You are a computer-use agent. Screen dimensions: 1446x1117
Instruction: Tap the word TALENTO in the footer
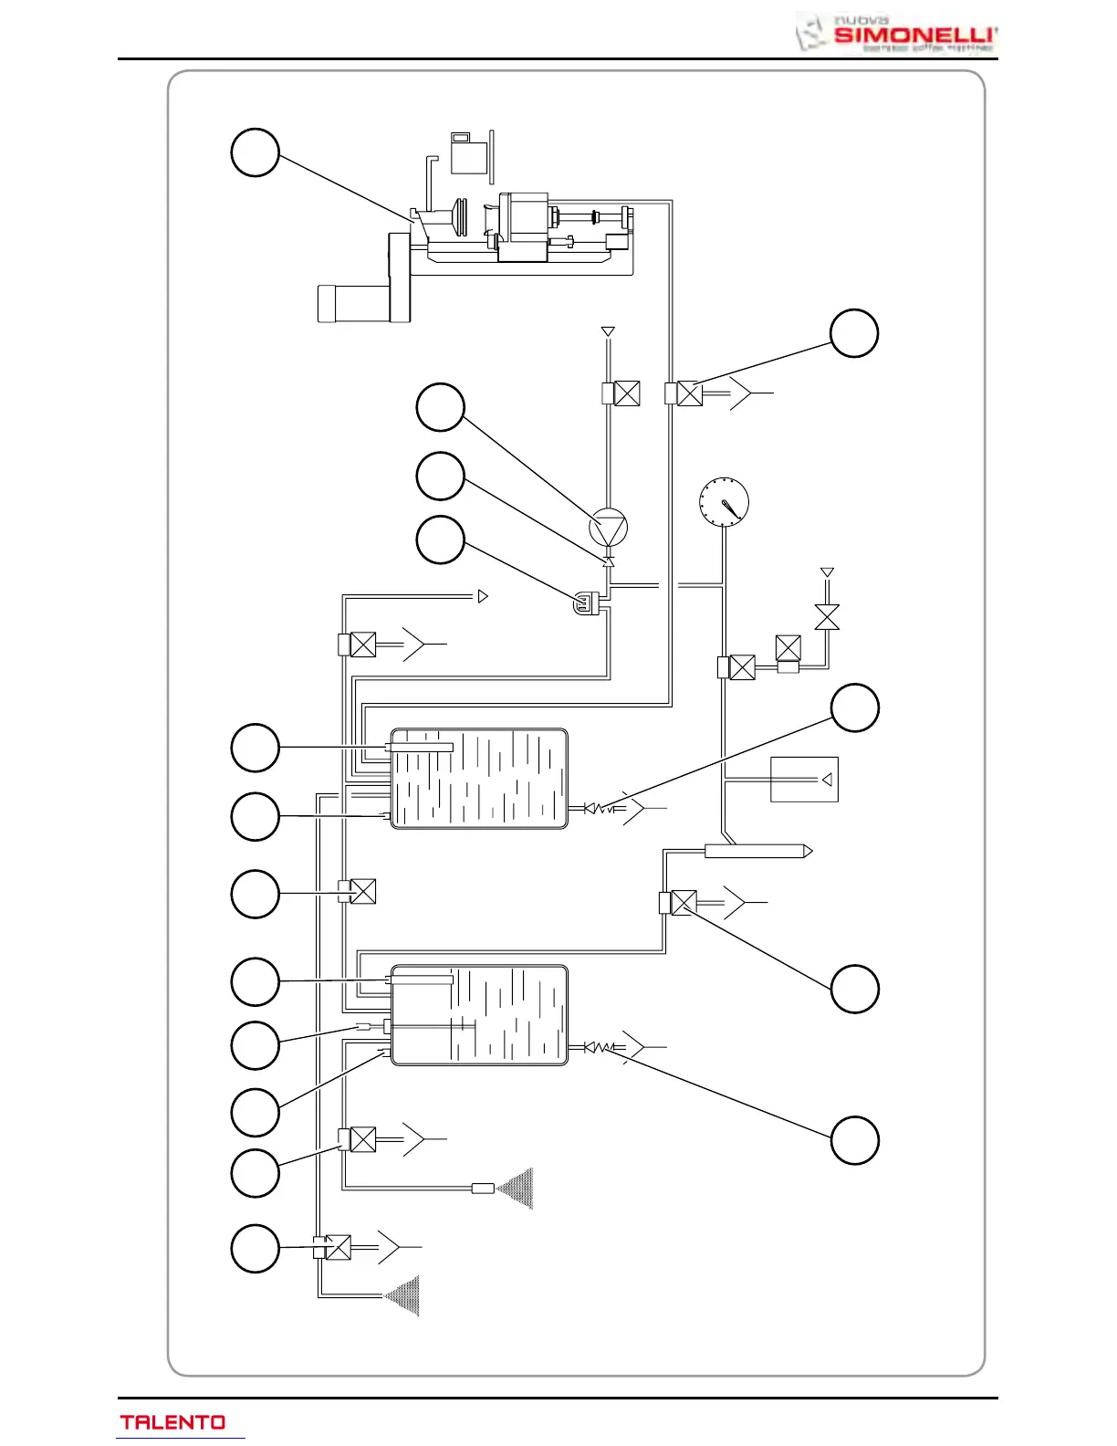[x=173, y=1422]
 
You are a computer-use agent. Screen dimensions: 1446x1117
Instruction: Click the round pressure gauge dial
[x=724, y=502]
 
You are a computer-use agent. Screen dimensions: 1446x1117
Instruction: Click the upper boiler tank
[x=479, y=779]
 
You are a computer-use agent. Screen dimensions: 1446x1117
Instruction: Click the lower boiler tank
[x=479, y=1015]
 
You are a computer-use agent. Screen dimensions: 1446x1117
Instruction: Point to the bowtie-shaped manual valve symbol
[x=827, y=617]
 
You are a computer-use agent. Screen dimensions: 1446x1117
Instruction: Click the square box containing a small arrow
[x=804, y=780]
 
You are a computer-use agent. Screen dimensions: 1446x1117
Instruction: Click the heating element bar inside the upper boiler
[x=420, y=748]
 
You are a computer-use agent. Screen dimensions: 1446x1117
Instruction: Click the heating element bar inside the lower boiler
[x=420, y=980]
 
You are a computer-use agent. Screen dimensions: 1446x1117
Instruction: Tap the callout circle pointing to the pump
[x=441, y=407]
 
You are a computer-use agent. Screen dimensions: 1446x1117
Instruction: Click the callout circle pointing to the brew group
[x=255, y=152]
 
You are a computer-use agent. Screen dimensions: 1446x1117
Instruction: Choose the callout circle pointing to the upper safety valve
[x=855, y=707]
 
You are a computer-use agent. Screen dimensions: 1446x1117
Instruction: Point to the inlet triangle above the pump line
[x=608, y=332]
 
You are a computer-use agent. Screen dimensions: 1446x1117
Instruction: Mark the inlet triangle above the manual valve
[x=827, y=572]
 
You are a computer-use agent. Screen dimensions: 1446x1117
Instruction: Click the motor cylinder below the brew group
[x=353, y=303]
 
